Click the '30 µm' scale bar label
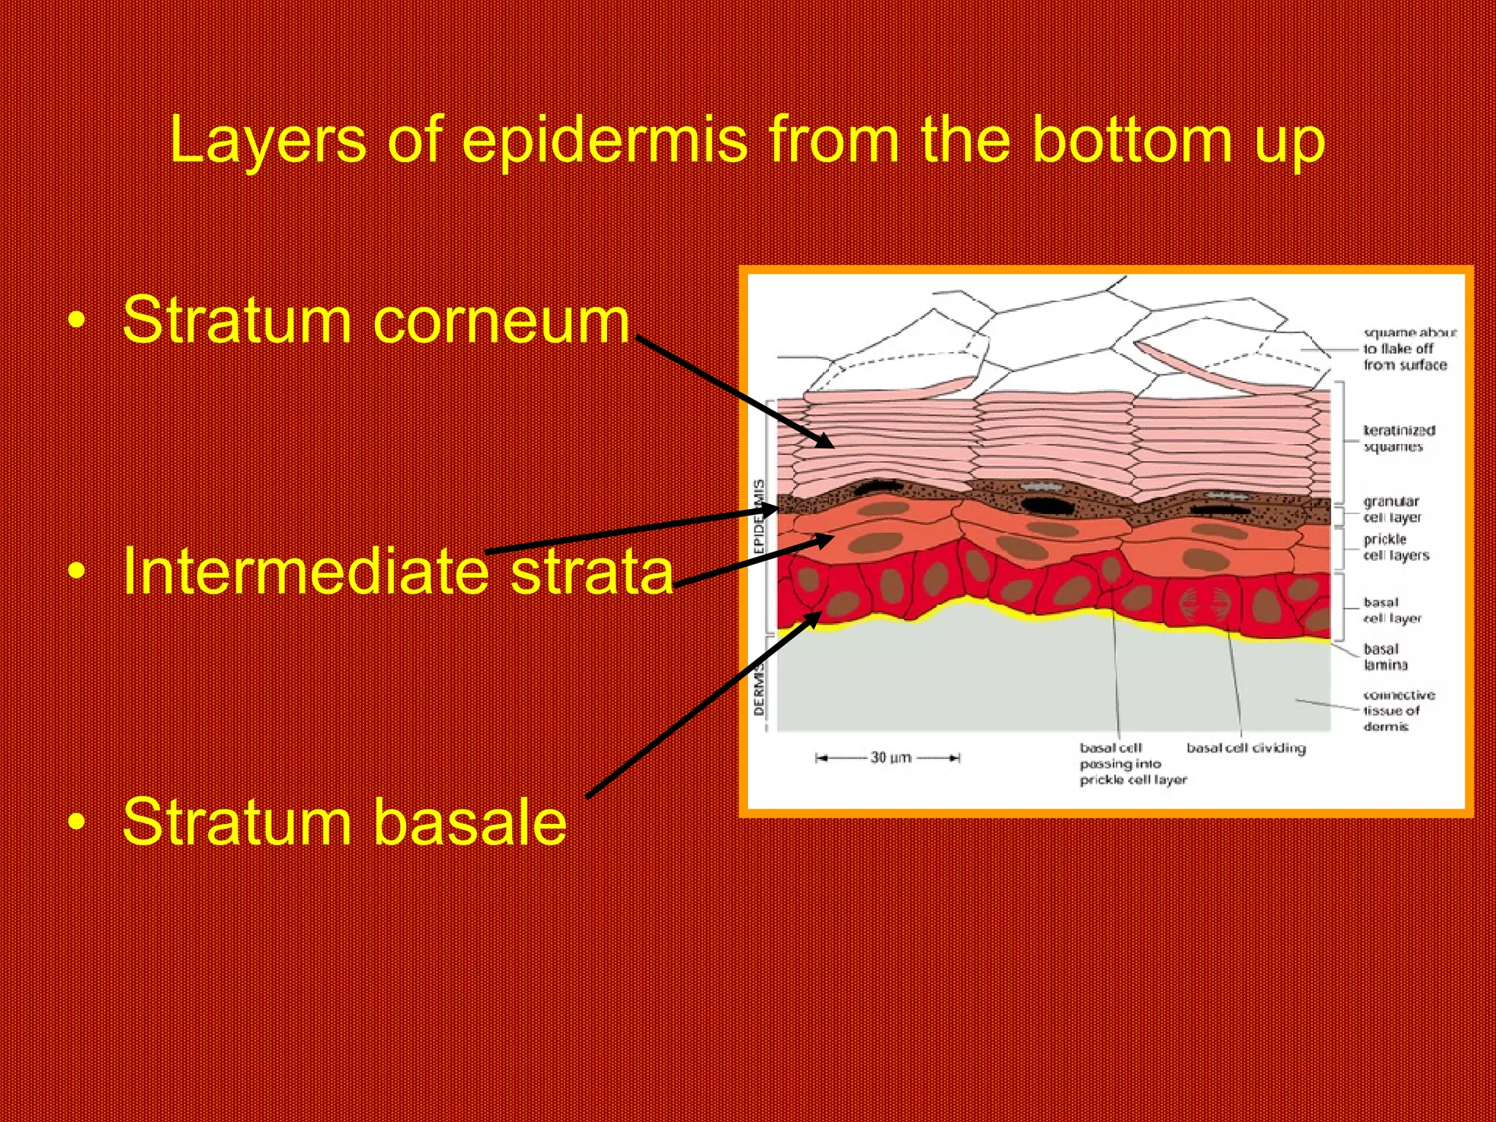point(890,757)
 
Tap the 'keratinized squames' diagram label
point(1398,438)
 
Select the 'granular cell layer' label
point(1392,509)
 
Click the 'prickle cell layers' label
point(1395,547)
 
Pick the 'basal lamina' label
point(1384,657)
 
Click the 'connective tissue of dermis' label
point(1397,710)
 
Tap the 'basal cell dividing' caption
point(1245,748)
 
